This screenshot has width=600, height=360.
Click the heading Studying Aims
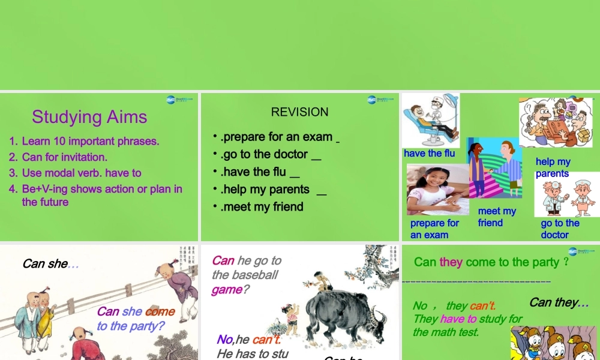[89, 116]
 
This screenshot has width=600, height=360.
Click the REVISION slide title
[299, 112]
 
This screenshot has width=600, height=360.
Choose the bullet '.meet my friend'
[262, 207]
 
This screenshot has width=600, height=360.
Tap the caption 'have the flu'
[429, 154]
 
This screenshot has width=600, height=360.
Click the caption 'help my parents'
[553, 167]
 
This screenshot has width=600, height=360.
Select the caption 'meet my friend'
[497, 217]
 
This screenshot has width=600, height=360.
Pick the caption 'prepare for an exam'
[434, 229]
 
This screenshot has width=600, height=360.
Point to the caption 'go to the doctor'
[560, 229]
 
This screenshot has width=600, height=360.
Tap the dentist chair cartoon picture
[430, 120]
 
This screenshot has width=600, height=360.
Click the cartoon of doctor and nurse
[567, 195]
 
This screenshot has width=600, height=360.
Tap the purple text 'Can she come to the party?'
[136, 319]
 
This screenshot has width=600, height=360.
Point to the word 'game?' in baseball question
[226, 290]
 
